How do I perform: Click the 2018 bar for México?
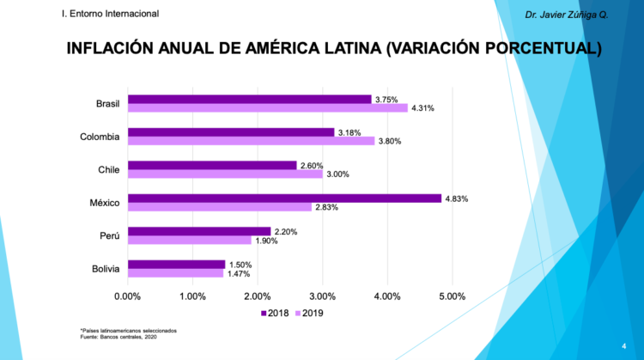point(284,198)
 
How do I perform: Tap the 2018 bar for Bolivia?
point(176,265)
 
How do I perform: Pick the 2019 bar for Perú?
point(189,241)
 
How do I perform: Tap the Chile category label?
point(109,169)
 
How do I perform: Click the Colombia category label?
point(100,136)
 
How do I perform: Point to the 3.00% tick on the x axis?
point(322,296)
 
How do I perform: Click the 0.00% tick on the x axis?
point(127,296)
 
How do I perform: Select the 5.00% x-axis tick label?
point(452,296)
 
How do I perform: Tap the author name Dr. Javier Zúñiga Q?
point(568,15)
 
